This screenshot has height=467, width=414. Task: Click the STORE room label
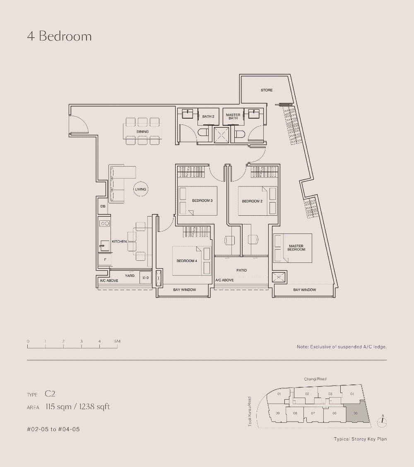click(267, 90)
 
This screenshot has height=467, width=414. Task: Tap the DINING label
click(142, 132)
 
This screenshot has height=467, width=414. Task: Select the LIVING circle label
click(140, 189)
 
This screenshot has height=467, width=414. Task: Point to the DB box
click(103, 206)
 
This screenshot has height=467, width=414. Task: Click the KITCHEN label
click(119, 241)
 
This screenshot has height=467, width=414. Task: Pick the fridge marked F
click(105, 260)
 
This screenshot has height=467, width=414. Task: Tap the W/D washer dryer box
click(145, 278)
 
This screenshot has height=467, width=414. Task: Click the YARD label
click(130, 276)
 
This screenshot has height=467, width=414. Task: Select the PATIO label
click(241, 270)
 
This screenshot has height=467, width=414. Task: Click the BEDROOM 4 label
click(187, 261)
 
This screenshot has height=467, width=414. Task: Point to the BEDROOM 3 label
click(202, 201)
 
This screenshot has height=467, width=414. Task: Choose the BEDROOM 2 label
click(252, 201)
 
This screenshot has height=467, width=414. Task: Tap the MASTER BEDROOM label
click(296, 248)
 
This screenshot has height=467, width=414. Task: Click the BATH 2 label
click(208, 117)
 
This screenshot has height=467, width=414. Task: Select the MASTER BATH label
click(233, 117)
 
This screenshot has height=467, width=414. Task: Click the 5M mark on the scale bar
click(118, 341)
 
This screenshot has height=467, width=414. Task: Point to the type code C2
click(50, 394)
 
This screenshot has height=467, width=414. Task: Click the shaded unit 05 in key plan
click(357, 412)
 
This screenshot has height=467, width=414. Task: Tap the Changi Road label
click(315, 379)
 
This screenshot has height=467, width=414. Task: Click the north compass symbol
click(383, 421)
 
